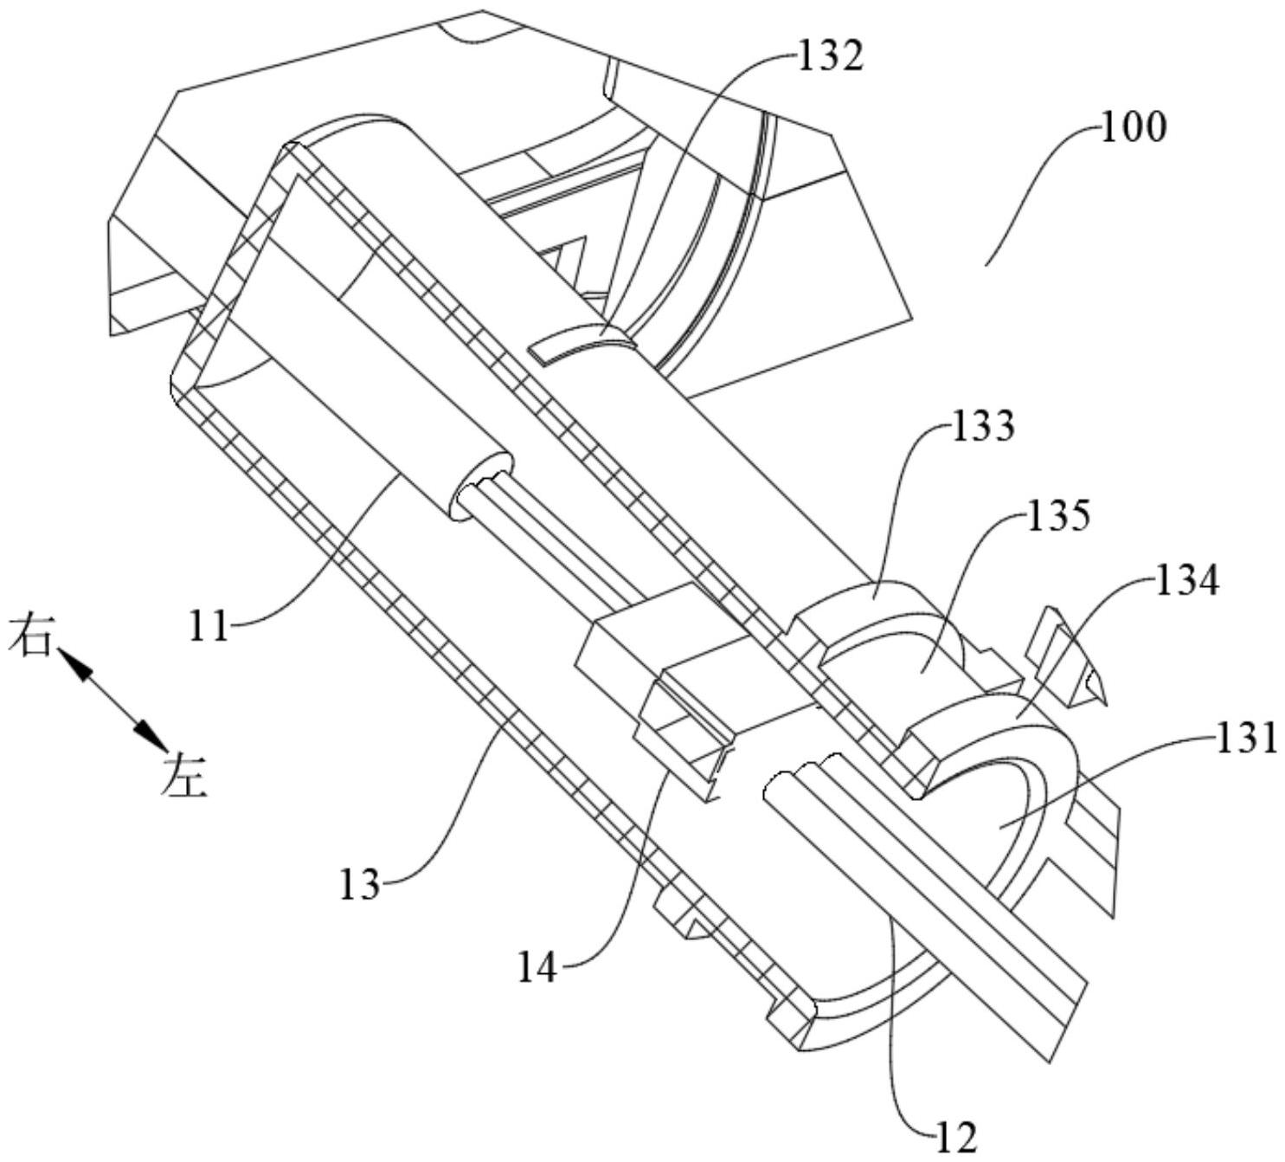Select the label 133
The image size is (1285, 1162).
coord(983,426)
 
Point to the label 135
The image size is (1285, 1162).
coord(1057,514)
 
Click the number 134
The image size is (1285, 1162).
coord(1187,582)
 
